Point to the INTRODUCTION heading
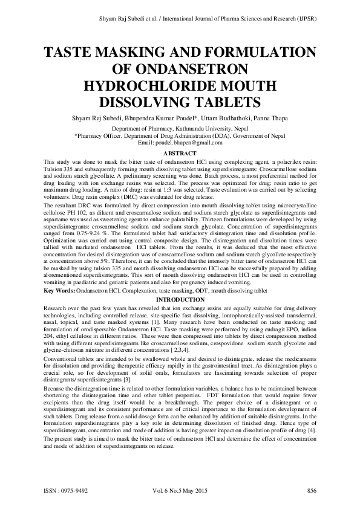coord(180,300)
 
